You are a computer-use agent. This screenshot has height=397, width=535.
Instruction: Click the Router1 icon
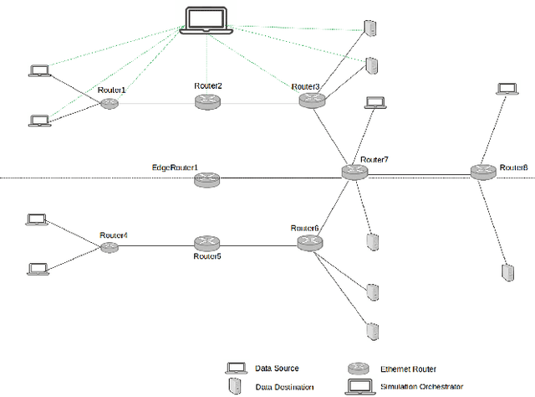click(109, 104)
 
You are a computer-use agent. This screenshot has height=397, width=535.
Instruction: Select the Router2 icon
click(206, 101)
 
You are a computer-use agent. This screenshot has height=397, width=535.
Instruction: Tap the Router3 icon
click(310, 100)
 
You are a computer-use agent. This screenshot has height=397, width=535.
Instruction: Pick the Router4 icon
click(110, 246)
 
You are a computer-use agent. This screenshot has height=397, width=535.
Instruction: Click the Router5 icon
click(206, 243)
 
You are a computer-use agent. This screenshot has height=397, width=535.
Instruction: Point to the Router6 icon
click(309, 242)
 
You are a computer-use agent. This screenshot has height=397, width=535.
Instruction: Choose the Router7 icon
click(354, 172)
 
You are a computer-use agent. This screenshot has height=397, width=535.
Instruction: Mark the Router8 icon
click(482, 172)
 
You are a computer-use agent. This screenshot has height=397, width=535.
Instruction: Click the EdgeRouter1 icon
click(206, 178)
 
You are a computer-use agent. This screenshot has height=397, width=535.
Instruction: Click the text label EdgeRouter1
click(174, 168)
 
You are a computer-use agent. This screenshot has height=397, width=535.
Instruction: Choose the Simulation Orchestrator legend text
click(420, 387)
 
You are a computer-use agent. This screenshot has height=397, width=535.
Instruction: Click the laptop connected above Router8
click(506, 89)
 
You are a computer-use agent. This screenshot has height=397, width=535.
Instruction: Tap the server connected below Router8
click(507, 272)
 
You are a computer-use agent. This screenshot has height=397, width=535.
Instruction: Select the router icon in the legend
click(357, 368)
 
